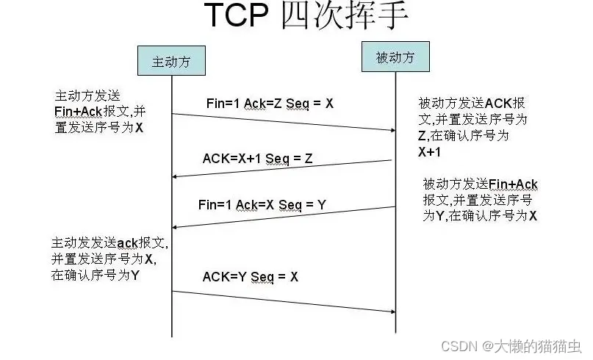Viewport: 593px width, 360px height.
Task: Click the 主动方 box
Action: [171, 62]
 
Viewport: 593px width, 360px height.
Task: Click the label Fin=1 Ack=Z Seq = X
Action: [270, 104]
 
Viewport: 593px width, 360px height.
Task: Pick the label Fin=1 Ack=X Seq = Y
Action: [262, 205]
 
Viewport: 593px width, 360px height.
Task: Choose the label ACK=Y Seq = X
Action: [251, 276]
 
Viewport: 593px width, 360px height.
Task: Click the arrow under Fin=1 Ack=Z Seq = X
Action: [284, 122]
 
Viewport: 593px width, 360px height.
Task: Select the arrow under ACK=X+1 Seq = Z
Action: [284, 168]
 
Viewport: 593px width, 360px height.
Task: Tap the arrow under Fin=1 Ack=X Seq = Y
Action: [284, 217]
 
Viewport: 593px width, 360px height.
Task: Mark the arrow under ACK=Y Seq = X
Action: [284, 301]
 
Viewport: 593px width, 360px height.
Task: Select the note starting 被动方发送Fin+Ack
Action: [480, 199]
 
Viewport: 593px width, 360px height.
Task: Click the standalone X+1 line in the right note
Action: [430, 152]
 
